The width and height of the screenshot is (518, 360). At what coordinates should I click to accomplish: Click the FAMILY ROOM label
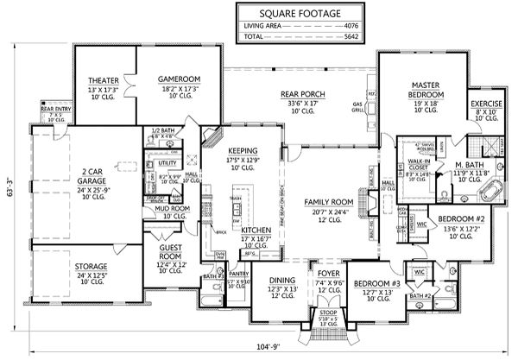[x=331, y=200]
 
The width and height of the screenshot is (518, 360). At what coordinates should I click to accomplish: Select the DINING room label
[x=283, y=281]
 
